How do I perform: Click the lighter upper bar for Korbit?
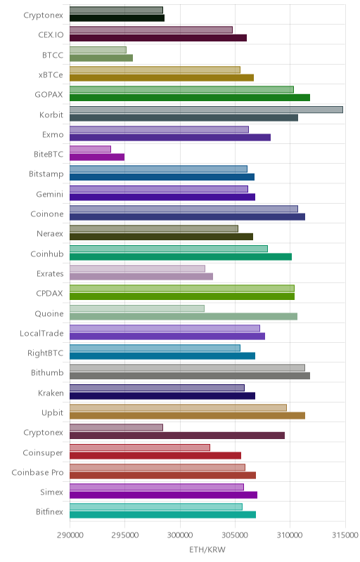pos(206,110)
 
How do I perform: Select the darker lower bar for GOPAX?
pos(190,98)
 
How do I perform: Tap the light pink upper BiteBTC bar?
pos(90,150)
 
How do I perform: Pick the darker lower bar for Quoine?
pos(184,316)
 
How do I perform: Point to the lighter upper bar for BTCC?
pos(98,50)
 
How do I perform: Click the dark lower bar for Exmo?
pos(170,137)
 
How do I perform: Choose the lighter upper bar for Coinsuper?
pos(140,447)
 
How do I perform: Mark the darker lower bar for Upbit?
pos(187,416)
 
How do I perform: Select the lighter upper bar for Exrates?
pos(137,268)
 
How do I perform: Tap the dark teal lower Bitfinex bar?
pos(163,515)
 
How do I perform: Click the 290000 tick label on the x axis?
pos(70,535)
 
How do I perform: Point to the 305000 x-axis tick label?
pos(236,535)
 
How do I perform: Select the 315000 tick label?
pos(345,535)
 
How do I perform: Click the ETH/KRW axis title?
pos(207,550)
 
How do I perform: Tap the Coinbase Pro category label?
pos(38,473)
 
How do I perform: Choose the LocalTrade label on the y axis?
pos(41,333)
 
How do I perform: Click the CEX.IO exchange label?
pos(51,34)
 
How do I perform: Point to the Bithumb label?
pos(47,373)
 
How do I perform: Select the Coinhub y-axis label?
pos(47,254)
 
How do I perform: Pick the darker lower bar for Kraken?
pos(162,396)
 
